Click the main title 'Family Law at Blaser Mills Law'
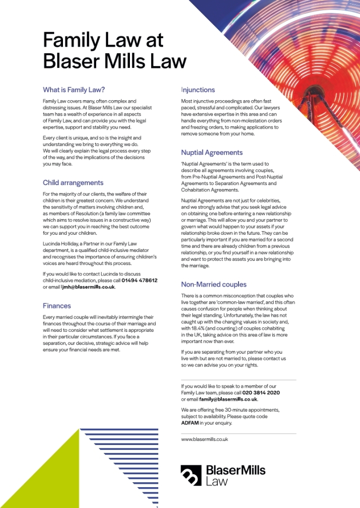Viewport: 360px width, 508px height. [x=115, y=51]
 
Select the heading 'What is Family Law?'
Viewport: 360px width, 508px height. [x=74, y=90]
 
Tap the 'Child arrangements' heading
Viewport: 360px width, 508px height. [x=73, y=183]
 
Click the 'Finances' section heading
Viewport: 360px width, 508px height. [x=57, y=306]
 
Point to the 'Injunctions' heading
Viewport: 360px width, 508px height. [x=198, y=90]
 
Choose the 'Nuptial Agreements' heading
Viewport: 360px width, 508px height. [x=212, y=152]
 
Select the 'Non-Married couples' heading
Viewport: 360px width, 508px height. [x=213, y=284]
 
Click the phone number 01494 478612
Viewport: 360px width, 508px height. [x=139, y=280]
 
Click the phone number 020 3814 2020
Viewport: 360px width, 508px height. [x=261, y=392]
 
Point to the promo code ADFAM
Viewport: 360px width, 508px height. [x=190, y=423]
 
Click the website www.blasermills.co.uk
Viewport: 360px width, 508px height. [x=204, y=439]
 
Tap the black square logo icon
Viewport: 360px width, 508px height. [x=191, y=475]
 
